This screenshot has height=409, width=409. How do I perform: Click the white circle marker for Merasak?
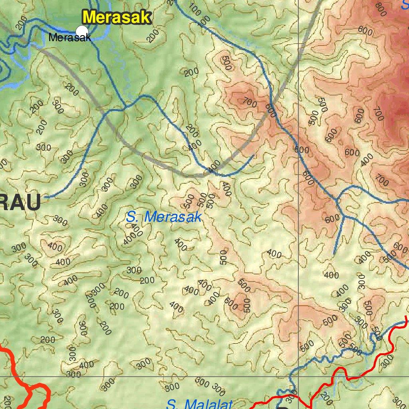tap(82, 31)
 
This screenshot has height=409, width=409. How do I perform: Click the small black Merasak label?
tap(70, 38)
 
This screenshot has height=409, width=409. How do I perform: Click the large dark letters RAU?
tap(20, 203)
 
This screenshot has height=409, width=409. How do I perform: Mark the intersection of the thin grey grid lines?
tap(299, 376)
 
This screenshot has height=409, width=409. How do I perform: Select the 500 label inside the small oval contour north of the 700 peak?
tap(226, 64)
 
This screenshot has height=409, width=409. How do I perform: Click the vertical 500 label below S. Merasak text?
tap(223, 258)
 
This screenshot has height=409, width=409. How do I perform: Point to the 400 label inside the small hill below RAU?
tap(55, 247)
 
